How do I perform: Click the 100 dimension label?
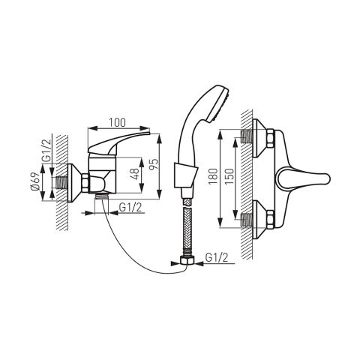tap(117, 123)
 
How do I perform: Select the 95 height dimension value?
tap(154, 164)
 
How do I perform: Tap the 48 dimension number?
tap(135, 173)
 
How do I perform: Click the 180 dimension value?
tap(213, 176)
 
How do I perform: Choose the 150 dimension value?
tap(229, 176)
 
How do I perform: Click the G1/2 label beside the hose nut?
tap(217, 257)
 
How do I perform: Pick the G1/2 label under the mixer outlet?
tap(130, 207)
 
